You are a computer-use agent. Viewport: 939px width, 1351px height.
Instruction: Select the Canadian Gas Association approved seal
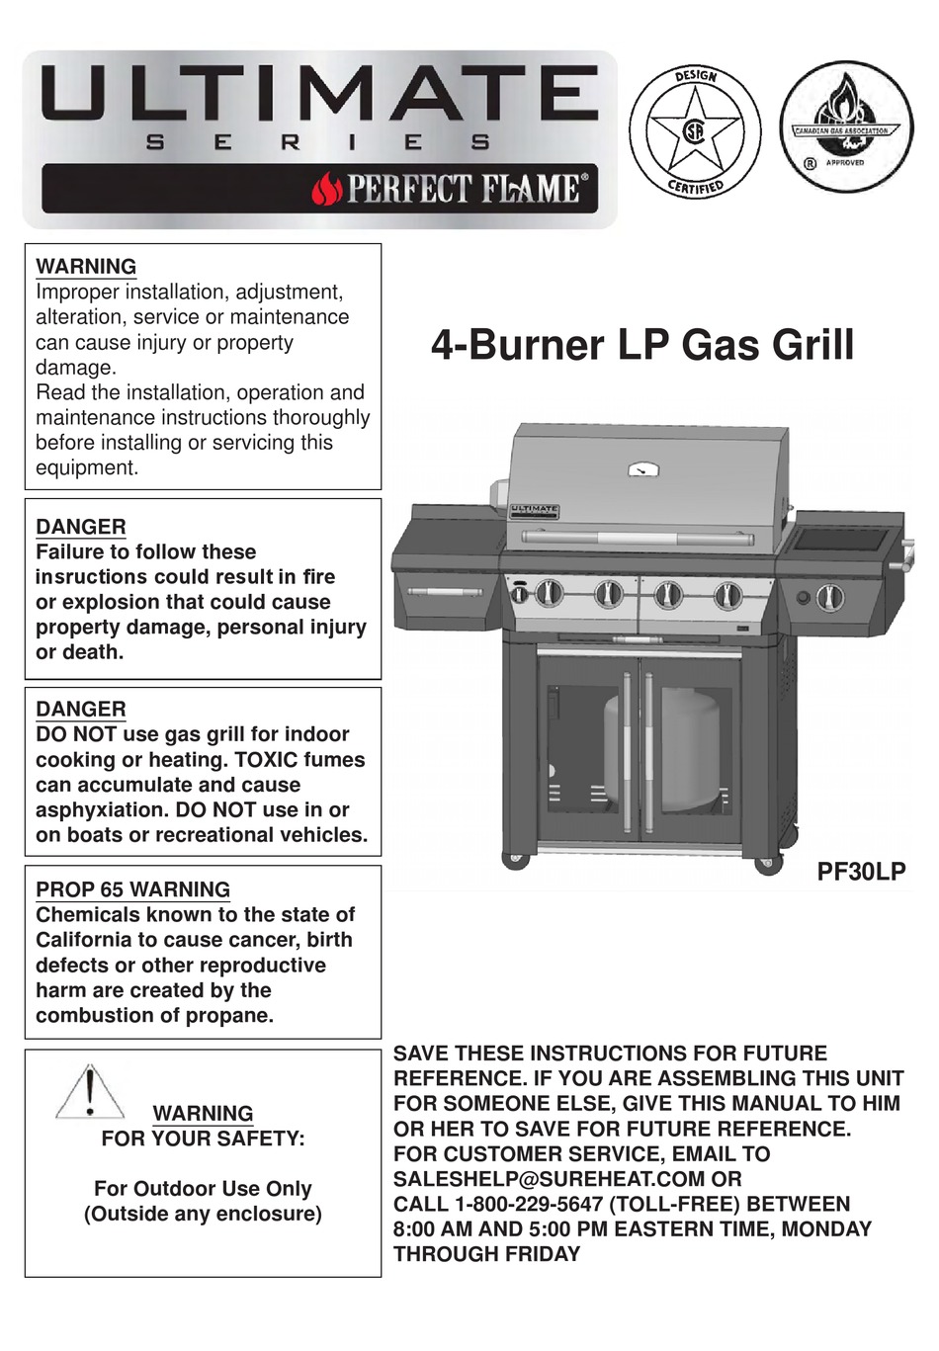pos(845,129)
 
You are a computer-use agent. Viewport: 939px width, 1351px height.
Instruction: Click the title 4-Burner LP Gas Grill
pos(642,345)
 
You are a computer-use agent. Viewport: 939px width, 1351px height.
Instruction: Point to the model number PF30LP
pos(861,871)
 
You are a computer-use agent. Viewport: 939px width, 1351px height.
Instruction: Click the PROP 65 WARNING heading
pos(132,889)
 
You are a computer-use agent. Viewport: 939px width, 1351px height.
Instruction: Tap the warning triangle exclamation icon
pos(90,1092)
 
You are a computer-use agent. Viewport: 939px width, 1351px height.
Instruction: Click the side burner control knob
pos(831,597)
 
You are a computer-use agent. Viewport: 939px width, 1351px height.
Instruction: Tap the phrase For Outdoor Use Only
pos(203,1188)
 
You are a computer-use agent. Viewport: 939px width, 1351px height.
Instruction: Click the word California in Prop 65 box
pos(96,940)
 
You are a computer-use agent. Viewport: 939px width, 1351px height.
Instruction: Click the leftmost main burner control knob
pos(549,594)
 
